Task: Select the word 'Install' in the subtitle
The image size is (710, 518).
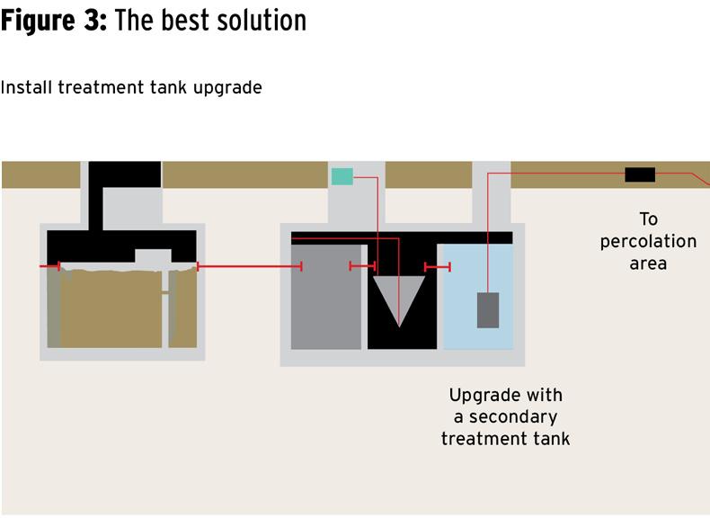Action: coord(26,88)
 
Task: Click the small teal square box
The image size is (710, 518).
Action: coord(342,176)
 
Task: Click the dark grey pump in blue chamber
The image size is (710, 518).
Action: coord(487,310)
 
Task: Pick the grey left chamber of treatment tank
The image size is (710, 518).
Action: coord(325,297)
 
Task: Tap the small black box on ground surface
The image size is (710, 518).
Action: coord(640,174)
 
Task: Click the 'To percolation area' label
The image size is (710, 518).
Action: coord(648,241)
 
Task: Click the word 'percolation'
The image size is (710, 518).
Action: coord(648,241)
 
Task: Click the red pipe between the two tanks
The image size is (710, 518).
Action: coord(249,266)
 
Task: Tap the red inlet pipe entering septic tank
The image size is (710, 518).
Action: coord(50,266)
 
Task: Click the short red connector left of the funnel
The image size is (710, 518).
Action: coord(362,266)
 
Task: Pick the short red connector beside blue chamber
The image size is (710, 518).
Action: coord(438,267)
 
